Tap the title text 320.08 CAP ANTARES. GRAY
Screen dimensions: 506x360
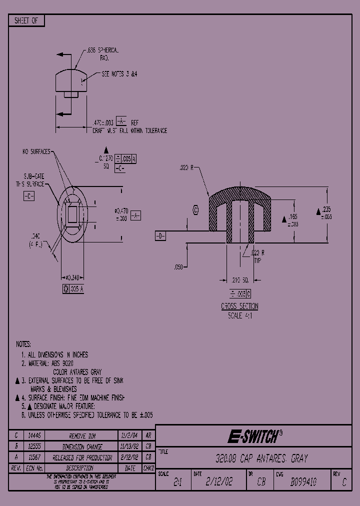coord(257,458)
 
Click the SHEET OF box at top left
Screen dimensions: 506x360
coord(26,20)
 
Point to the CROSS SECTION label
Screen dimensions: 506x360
coord(239,306)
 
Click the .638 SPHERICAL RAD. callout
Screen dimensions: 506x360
coord(102,54)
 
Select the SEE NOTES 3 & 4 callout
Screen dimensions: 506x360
coord(119,73)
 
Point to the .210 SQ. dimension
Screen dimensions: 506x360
coord(241,279)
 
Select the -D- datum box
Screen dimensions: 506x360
coord(160,236)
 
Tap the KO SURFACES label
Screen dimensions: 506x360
coord(36,151)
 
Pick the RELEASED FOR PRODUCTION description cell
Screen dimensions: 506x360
coord(82,457)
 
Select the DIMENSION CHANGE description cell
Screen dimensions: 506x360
coord(82,446)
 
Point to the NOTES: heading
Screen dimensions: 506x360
coord(23,344)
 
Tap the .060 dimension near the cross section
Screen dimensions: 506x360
coord(178,267)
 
